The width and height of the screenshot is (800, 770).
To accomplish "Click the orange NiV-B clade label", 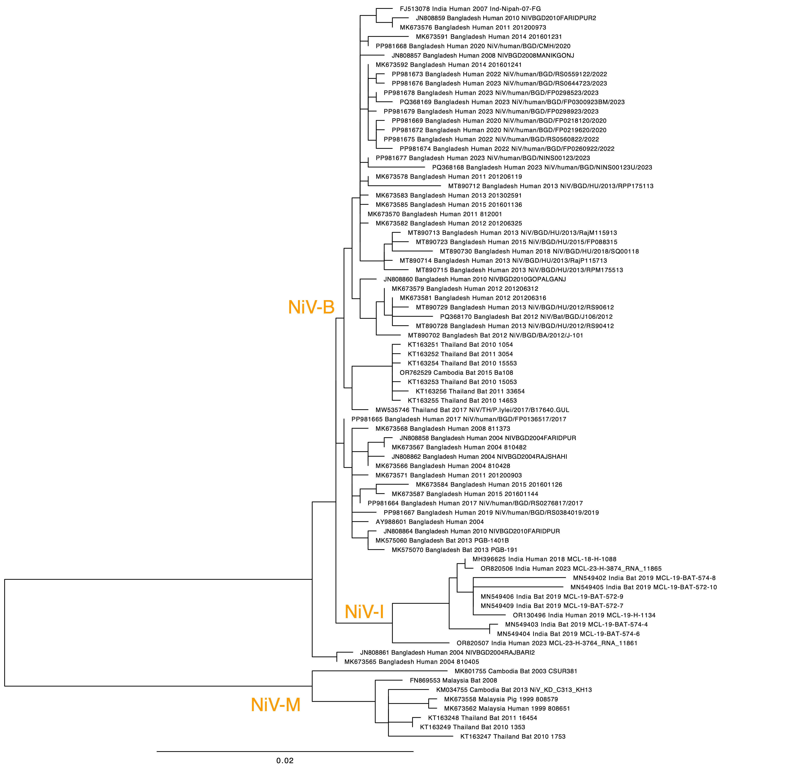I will pyautogui.click(x=311, y=307).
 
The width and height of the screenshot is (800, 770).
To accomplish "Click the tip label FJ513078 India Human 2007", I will pyautogui.click(x=470, y=8).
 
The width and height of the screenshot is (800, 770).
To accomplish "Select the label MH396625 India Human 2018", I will pyautogui.click(x=544, y=559).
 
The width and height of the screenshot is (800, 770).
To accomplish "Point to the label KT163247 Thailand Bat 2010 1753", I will pyautogui.click(x=513, y=737).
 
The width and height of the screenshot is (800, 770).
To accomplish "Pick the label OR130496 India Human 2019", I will pyautogui.click(x=584, y=615).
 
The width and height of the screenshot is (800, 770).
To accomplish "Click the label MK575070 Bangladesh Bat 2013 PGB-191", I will pyautogui.click(x=454, y=550).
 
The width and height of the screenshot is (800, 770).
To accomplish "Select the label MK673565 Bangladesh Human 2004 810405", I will pyautogui.click(x=411, y=662).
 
